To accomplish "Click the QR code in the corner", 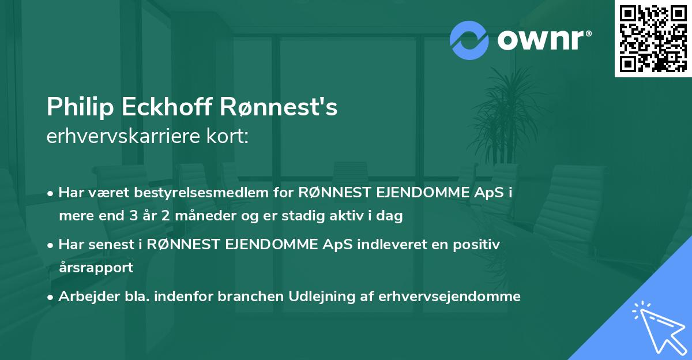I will (653, 38).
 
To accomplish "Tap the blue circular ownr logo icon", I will (469, 40).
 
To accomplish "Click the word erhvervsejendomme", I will (450, 297).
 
